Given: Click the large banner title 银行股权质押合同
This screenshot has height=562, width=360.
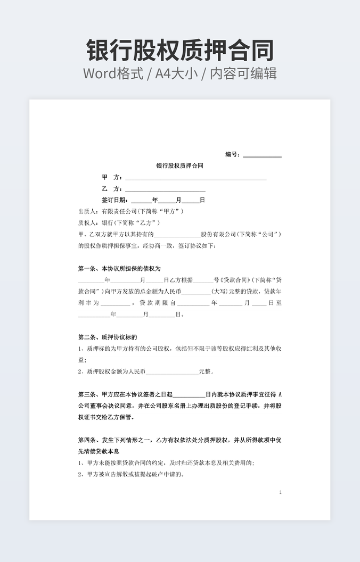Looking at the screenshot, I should coord(180,50).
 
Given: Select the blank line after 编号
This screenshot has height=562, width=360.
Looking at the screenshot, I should coord(262,156).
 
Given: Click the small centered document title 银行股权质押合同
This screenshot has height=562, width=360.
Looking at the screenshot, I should coord(179,166).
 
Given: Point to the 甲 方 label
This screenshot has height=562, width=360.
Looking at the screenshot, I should coord(112,177).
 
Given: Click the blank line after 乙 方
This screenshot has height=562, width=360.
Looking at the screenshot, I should coord(165,190).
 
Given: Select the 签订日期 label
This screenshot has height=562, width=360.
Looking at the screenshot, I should coord(114,200).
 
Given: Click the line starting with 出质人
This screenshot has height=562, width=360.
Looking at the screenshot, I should coord(131,211).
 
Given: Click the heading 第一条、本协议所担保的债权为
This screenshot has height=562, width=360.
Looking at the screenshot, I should coord(119,269).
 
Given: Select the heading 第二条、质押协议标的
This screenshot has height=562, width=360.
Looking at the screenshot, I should coord(108,337).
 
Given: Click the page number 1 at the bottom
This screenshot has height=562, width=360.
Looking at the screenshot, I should coord(280,493).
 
